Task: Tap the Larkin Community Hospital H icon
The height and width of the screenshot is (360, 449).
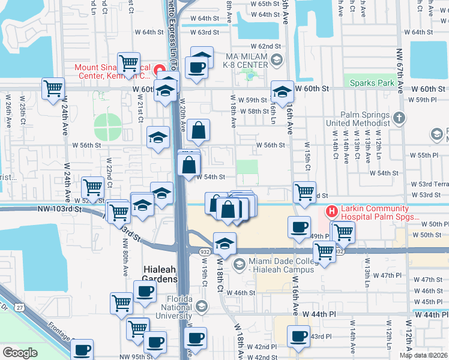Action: click(x=330, y=211)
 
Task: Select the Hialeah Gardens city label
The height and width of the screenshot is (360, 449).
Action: click(x=160, y=274)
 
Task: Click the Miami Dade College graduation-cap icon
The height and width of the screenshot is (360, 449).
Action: click(x=240, y=264)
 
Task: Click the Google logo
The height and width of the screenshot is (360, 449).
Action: click(x=20, y=353)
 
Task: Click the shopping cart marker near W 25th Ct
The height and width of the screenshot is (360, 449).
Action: click(x=53, y=89)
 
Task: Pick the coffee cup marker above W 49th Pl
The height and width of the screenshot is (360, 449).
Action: click(x=299, y=227)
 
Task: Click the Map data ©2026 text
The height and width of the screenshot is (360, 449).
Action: click(x=423, y=355)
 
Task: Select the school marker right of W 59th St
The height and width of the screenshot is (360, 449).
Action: click(x=282, y=92)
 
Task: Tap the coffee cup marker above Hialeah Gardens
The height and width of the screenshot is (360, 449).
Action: click(x=144, y=292)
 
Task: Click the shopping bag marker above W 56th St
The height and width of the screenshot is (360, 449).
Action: click(x=198, y=129)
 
